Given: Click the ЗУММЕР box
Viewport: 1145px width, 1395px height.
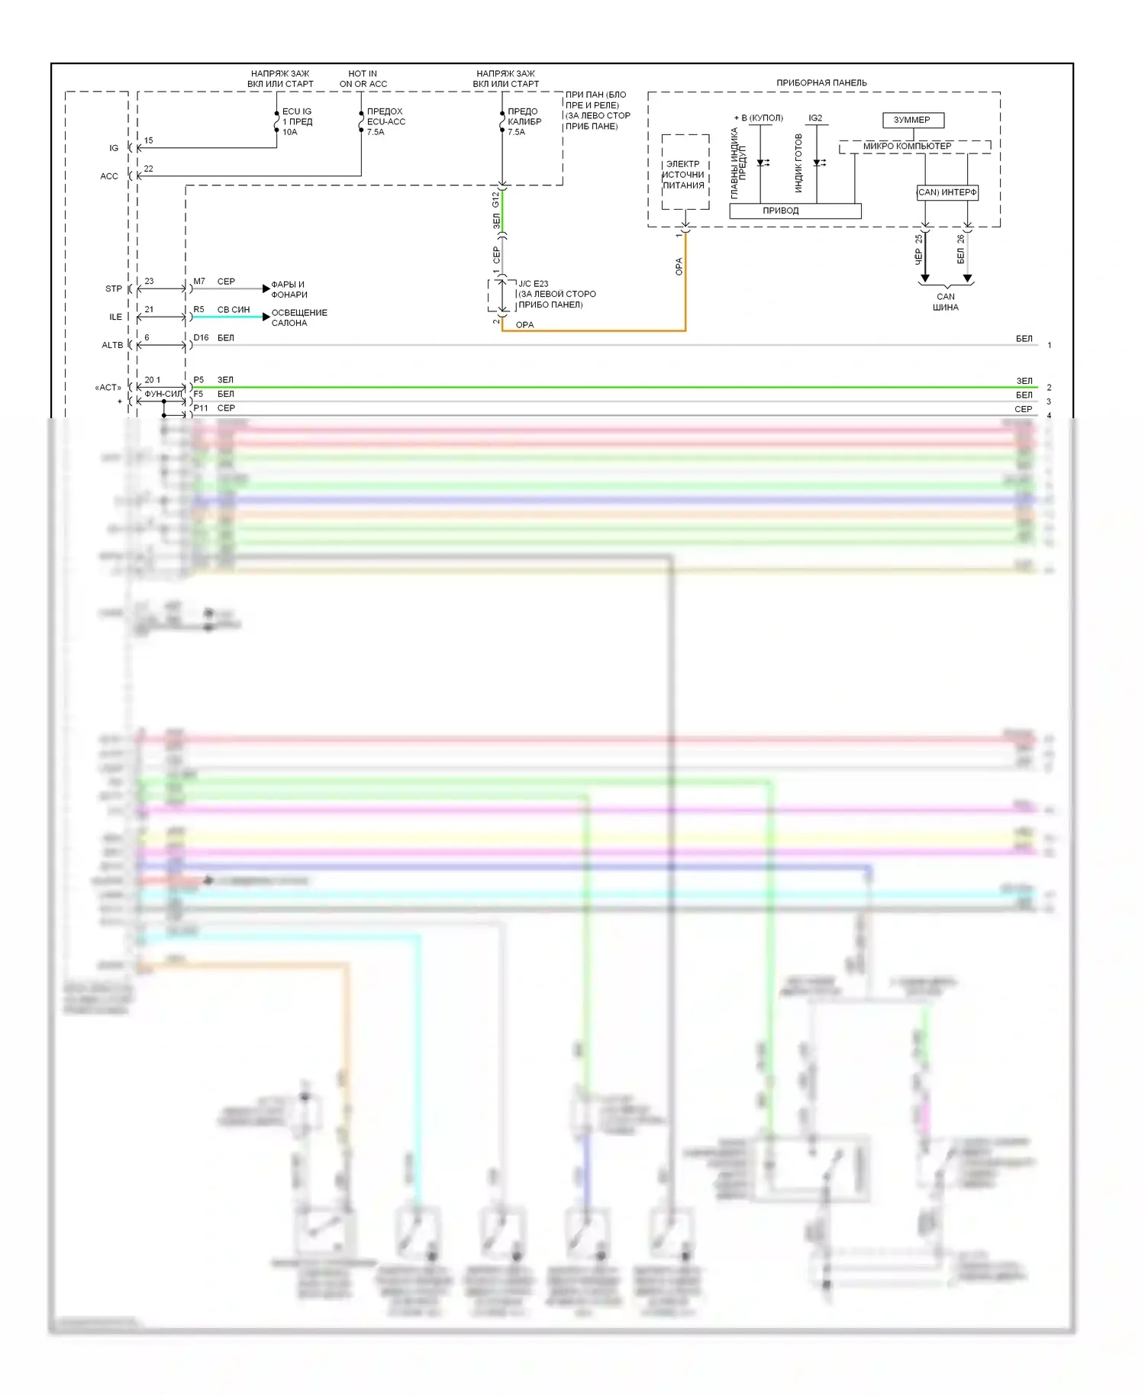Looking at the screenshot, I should click(x=912, y=120).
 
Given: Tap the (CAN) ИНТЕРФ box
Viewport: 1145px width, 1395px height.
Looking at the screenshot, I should click(x=947, y=192).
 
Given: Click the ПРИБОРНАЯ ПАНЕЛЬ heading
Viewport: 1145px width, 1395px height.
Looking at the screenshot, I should click(x=821, y=82).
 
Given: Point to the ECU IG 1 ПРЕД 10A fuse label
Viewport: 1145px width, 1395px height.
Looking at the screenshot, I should click(x=297, y=121).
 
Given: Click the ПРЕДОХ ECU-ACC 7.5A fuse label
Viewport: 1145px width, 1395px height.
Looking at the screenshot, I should click(x=385, y=121).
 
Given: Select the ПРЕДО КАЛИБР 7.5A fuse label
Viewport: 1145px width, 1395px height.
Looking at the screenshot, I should click(x=524, y=121).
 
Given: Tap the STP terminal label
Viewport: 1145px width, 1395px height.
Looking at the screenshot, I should click(x=114, y=288).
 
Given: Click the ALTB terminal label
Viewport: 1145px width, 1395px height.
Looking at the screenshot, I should click(x=112, y=345).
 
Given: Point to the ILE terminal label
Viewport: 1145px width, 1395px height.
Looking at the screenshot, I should click(x=115, y=317).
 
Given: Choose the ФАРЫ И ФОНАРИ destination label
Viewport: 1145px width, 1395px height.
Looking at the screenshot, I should click(x=289, y=289).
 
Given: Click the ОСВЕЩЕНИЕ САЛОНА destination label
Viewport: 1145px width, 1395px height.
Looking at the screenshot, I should click(x=298, y=317).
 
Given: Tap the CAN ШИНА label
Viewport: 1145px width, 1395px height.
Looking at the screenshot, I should click(x=945, y=301).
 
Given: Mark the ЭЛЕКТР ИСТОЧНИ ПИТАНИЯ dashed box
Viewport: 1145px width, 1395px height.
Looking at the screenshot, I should click(x=685, y=173).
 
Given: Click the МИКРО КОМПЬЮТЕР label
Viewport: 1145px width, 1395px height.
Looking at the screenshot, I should click(x=907, y=146).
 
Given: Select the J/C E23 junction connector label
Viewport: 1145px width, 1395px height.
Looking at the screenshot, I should click(x=556, y=294).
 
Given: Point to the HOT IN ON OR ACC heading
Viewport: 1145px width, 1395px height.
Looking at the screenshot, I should click(x=363, y=79).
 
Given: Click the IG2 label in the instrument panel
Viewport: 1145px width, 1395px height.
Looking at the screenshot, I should click(x=815, y=118).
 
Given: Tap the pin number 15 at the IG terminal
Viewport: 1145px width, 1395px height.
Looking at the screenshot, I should click(x=148, y=140).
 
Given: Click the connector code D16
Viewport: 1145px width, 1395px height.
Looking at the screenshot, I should click(x=201, y=337).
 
